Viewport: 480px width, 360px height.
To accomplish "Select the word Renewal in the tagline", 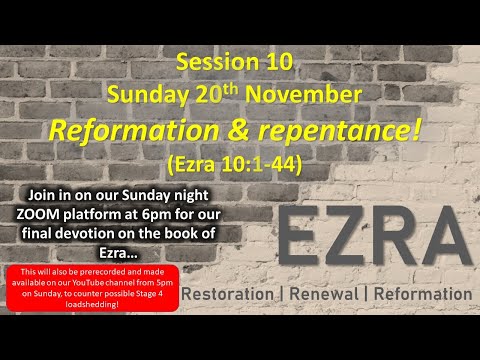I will coord(332,295).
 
